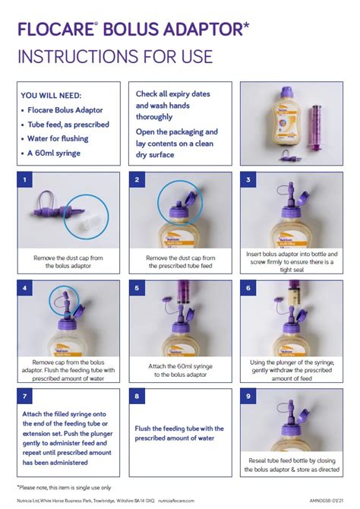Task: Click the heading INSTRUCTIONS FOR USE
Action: pyautogui.click(x=115, y=56)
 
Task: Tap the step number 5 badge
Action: pyautogui.click(x=137, y=288)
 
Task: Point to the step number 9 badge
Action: pyautogui.click(x=248, y=396)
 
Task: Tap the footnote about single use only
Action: pyautogui.click(x=65, y=485)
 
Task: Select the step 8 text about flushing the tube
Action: pyautogui.click(x=179, y=432)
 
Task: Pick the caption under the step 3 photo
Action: pyautogui.click(x=290, y=261)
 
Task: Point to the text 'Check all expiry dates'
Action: pyautogui.click(x=174, y=94)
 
